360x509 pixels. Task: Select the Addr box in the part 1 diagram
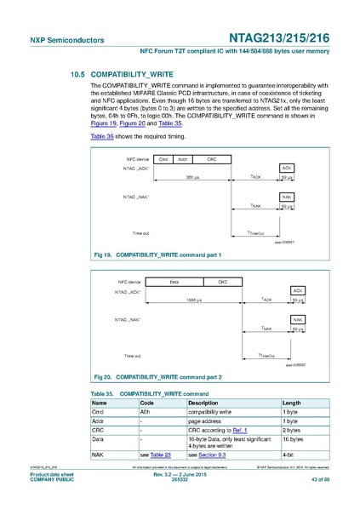181,158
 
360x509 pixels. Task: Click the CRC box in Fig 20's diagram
223,281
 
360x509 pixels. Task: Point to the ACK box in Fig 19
287,169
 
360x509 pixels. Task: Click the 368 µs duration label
192,177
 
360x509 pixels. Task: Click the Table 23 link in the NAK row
157,456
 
